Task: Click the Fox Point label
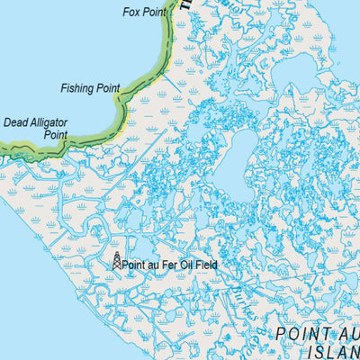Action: [145, 12]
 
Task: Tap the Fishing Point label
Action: [90, 88]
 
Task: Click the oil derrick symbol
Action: [116, 261]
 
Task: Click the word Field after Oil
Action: [208, 265]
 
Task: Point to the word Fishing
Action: [77, 88]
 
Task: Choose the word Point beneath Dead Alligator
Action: [56, 134]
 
